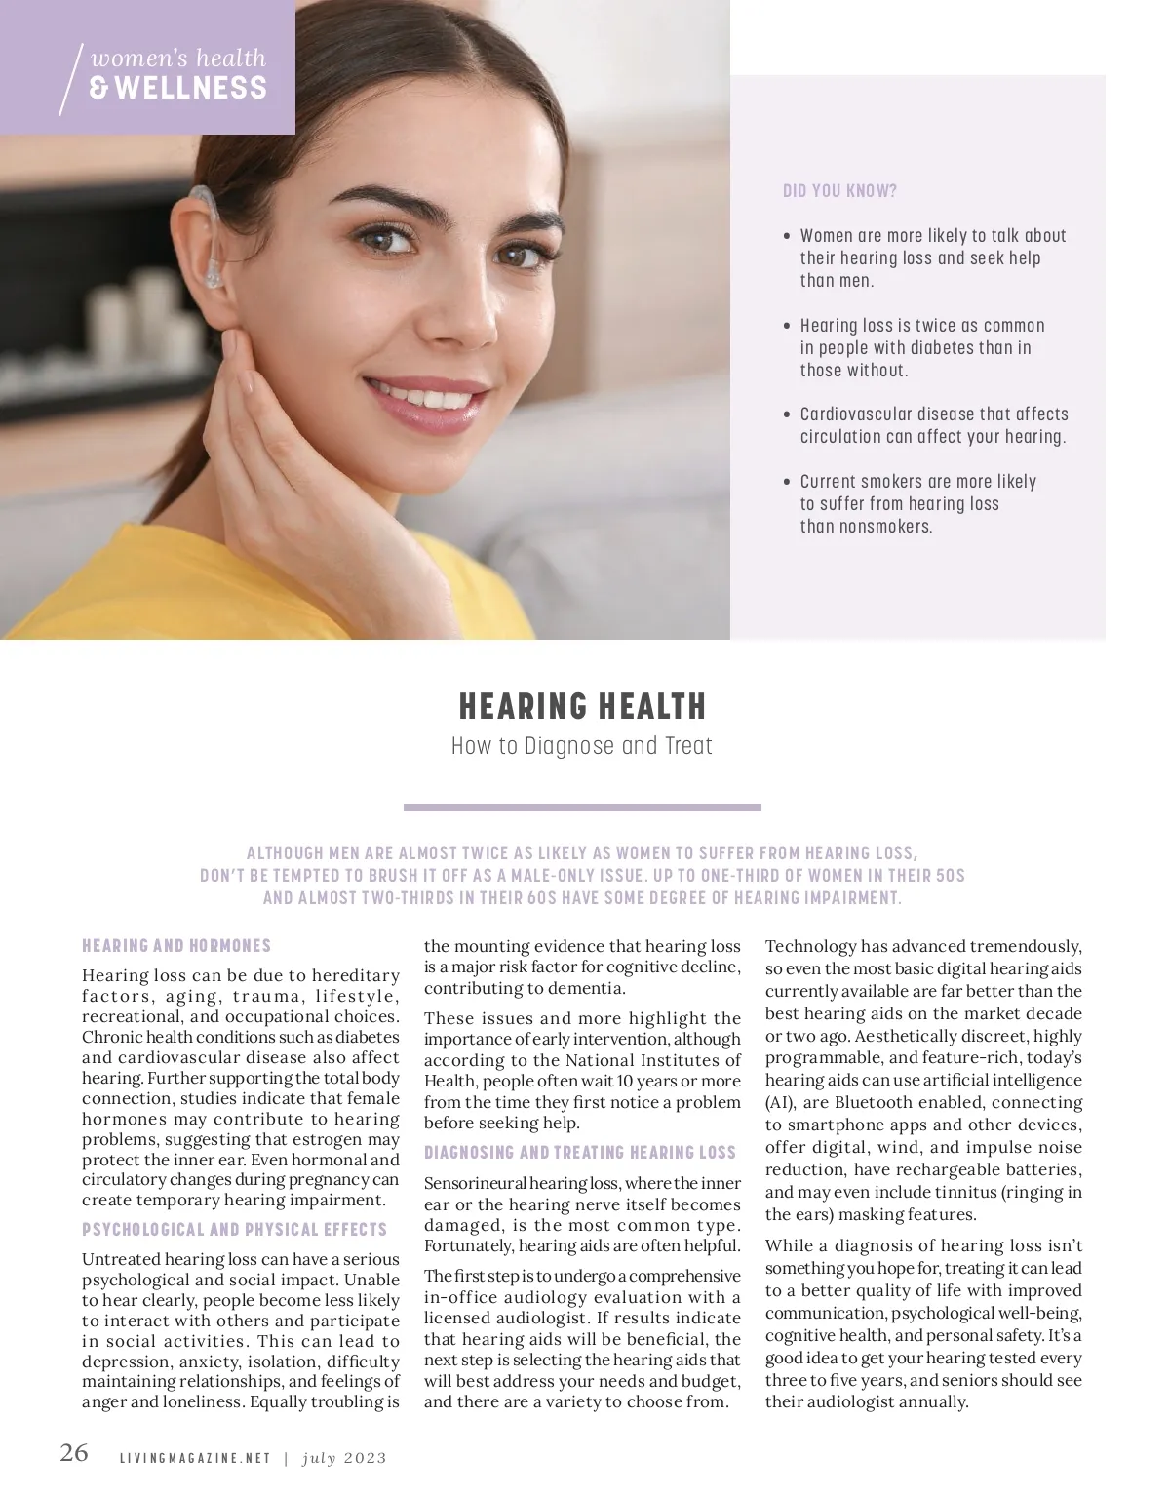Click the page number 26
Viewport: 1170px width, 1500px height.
coord(74,1452)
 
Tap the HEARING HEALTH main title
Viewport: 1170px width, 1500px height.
coord(582,706)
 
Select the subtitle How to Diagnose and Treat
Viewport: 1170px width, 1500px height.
coord(582,747)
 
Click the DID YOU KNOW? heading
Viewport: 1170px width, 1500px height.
coord(839,191)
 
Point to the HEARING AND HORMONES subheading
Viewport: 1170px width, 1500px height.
coord(176,946)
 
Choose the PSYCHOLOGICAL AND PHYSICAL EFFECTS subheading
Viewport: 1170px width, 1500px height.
coord(234,1230)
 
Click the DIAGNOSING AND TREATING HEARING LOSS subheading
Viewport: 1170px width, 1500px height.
coord(579,1153)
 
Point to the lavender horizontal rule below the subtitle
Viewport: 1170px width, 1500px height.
coord(582,808)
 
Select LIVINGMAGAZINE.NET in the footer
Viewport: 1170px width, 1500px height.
coord(194,1459)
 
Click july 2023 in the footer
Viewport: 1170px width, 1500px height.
coord(344,1459)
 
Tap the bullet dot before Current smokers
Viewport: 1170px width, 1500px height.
coord(787,482)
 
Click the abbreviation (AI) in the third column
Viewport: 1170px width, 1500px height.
coord(780,1103)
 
